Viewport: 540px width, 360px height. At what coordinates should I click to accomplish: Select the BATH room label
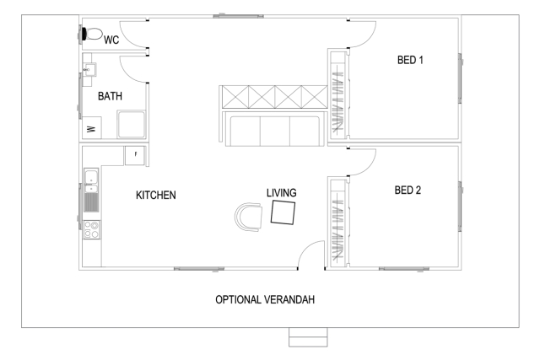click(x=111, y=97)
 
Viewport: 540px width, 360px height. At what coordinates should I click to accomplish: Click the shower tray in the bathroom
click(x=132, y=124)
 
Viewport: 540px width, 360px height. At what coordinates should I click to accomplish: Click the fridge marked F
click(x=136, y=154)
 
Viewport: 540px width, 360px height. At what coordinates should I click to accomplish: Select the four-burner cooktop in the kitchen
click(x=91, y=228)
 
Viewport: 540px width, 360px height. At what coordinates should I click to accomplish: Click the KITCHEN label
click(x=156, y=195)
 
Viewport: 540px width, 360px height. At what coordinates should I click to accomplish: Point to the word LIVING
click(x=282, y=193)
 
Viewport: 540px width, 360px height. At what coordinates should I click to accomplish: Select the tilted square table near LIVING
click(x=283, y=212)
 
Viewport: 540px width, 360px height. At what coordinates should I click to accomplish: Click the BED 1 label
click(x=410, y=60)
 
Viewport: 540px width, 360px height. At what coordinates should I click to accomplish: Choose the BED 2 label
click(x=408, y=191)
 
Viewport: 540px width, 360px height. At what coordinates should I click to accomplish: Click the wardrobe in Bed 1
click(x=337, y=94)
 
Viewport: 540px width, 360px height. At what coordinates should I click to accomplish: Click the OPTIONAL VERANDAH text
click(x=265, y=299)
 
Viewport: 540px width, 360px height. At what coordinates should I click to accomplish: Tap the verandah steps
click(x=307, y=336)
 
